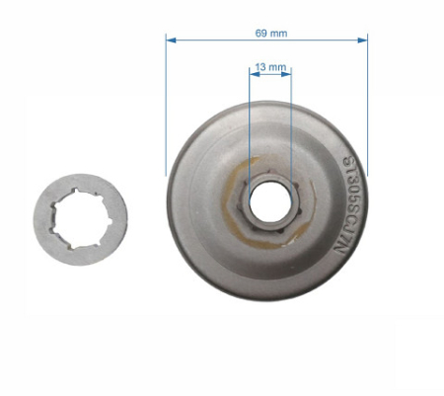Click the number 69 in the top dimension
point(260,33)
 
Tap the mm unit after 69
point(278,33)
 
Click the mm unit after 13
point(278,68)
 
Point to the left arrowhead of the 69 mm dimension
point(170,40)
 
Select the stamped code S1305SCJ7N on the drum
point(348,207)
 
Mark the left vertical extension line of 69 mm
point(167,109)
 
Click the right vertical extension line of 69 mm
point(367,109)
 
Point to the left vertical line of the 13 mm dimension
point(249,119)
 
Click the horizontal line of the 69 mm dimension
point(217,40)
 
